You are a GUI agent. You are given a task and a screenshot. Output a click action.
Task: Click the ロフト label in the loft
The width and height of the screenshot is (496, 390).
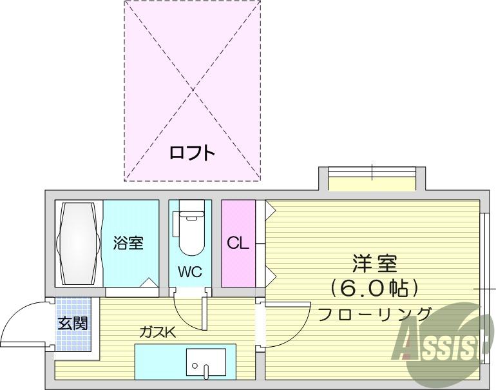(193, 153)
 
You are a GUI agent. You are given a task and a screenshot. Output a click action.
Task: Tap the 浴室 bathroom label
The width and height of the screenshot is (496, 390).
(128, 243)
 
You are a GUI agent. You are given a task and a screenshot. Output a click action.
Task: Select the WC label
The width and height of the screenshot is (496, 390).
(189, 271)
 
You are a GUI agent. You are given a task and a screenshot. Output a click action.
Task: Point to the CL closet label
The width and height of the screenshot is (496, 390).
(238, 243)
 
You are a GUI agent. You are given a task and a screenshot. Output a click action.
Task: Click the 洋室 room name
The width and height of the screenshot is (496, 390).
(374, 264)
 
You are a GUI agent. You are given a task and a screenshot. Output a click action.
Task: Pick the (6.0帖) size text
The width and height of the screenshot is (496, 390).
(374, 288)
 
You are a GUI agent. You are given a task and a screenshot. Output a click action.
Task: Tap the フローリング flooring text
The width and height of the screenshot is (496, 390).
(374, 314)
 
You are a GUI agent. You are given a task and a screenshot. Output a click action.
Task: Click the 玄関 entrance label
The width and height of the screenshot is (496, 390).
(72, 323)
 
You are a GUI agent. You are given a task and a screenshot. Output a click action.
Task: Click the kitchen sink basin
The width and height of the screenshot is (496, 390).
(206, 364)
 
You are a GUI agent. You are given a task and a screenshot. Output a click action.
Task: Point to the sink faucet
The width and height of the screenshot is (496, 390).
(206, 373)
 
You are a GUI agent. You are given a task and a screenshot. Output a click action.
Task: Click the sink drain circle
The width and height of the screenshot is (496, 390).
(195, 366)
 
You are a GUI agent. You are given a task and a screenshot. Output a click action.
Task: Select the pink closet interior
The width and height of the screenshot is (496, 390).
(238, 244)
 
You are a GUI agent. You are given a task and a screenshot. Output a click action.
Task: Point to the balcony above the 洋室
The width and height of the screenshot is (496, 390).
(372, 179)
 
